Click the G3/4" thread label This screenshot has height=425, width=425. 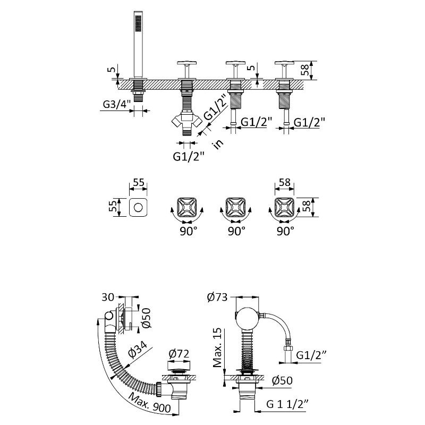tap(117, 104)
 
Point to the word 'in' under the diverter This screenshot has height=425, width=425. tap(218, 144)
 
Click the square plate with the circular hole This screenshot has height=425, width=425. tap(138, 207)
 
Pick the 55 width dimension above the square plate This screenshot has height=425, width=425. tap(138, 182)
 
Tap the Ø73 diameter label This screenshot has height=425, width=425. tap(217, 297)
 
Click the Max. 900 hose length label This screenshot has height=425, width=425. tap(150, 403)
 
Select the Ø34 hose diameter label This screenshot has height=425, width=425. tap(138, 352)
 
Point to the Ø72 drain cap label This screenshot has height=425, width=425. tap(178, 353)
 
